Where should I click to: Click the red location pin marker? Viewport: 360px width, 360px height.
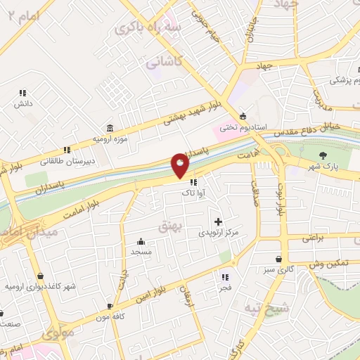coord(181,166)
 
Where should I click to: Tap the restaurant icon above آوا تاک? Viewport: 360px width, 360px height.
coord(193,182)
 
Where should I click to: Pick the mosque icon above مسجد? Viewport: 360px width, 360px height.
coord(141,240)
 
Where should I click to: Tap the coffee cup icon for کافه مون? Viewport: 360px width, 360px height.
coord(110,306)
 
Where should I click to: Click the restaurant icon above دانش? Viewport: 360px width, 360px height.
coord(22,92)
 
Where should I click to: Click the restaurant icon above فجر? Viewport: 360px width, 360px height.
coord(225,276)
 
